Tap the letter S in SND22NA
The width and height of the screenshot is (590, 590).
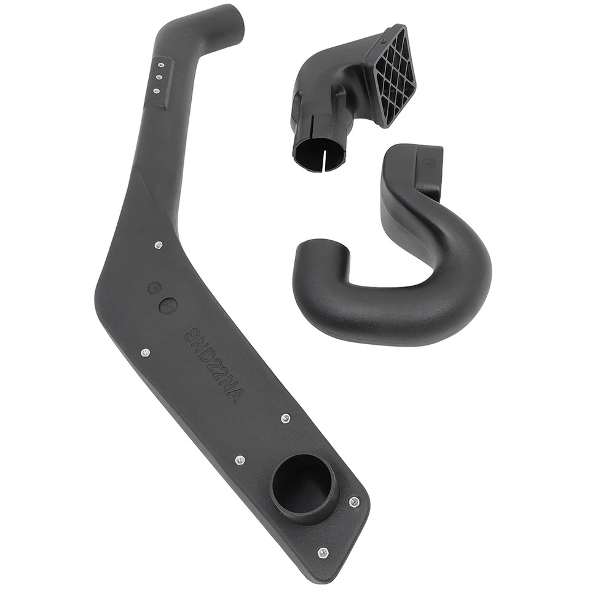190,335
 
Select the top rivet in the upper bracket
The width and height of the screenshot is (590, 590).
161,64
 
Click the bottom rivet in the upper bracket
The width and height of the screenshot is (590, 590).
156,91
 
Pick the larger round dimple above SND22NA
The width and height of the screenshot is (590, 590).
167,305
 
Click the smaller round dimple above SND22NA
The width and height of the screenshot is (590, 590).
154,287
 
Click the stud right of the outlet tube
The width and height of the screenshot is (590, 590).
354,502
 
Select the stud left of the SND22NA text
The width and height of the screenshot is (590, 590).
145,352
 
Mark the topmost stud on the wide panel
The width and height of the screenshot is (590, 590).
158,245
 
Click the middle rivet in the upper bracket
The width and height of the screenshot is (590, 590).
159,77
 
